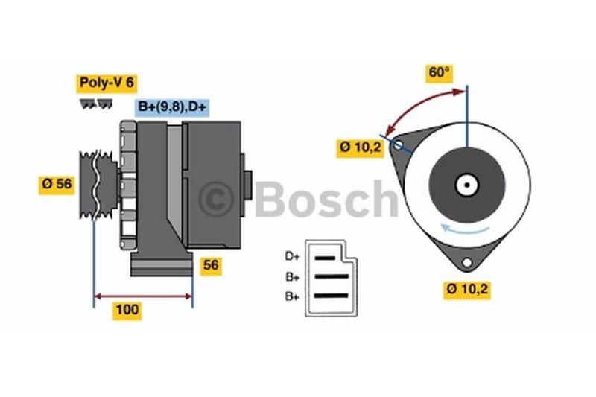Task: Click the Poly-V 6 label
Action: [107, 83]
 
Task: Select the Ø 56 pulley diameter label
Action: [57, 184]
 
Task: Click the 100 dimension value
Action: [127, 310]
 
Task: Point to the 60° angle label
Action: [439, 72]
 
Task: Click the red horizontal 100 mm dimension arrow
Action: [143, 296]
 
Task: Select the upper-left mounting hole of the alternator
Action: [398, 144]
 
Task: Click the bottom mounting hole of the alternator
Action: [467, 262]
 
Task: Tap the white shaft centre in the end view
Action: [467, 185]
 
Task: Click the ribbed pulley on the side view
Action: [98, 185]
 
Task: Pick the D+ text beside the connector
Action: [292, 256]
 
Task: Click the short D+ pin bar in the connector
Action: [325, 258]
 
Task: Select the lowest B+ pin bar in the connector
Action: [332, 296]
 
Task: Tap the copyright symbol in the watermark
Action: [216, 199]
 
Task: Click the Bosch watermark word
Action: [326, 199]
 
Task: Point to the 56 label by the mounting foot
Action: [211, 265]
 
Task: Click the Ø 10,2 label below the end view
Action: [467, 290]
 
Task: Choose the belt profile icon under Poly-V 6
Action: [97, 104]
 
